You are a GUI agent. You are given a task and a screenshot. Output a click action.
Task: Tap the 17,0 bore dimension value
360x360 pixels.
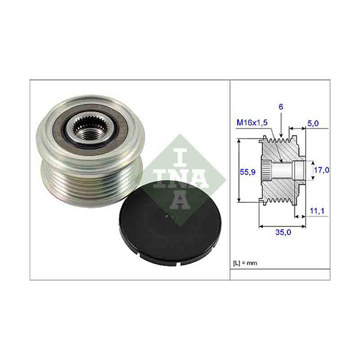(323, 170)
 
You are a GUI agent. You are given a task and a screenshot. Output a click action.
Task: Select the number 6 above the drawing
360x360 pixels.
(280, 107)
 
